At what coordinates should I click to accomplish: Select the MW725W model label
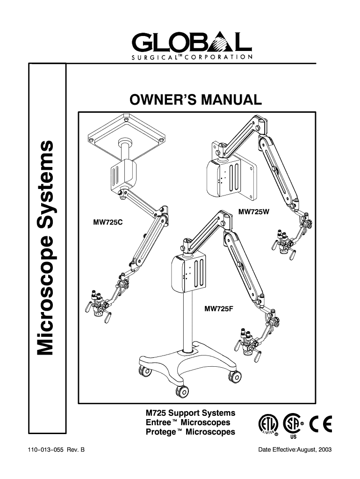254,212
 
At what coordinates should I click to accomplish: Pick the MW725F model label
219,308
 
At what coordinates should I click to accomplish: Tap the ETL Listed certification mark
267,427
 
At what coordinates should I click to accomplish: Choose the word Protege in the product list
160,432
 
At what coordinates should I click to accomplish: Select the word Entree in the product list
159,423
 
